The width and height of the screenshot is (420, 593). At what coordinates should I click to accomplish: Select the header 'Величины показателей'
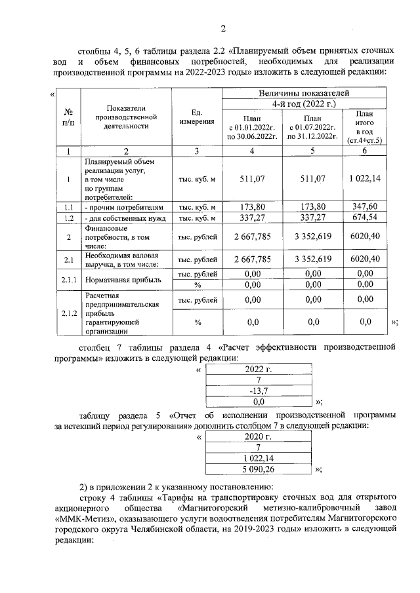304,93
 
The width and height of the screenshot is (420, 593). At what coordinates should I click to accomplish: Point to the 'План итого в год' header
364,127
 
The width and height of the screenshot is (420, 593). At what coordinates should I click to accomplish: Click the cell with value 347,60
364,206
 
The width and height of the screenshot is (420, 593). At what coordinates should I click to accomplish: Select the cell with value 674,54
364,218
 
